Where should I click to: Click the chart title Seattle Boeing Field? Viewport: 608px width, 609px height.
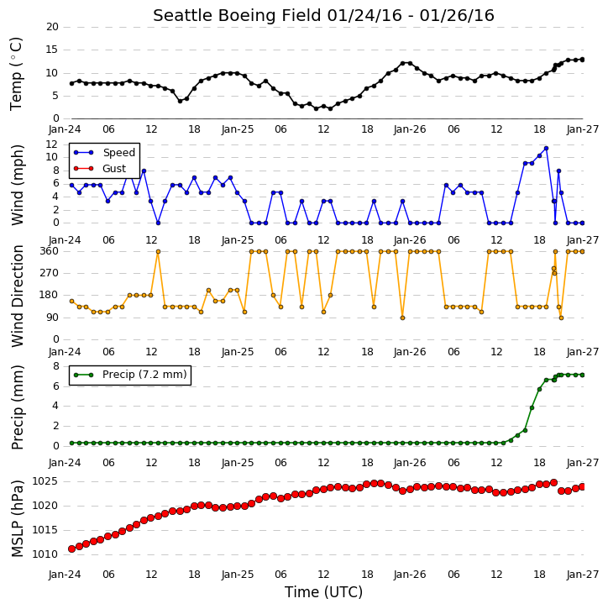[x=237, y=16]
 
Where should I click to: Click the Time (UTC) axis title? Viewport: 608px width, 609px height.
[x=323, y=592]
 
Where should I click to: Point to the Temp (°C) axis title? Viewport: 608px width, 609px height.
[x=16, y=74]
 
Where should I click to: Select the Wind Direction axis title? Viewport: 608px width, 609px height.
[x=17, y=297]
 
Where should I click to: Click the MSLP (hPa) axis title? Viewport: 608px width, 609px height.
[x=17, y=518]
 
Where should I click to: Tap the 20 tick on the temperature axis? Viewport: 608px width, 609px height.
[x=52, y=27]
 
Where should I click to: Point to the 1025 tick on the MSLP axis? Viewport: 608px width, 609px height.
[x=45, y=481]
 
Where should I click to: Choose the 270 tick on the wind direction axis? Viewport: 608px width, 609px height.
[x=50, y=273]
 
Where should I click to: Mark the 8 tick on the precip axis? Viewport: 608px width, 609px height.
[x=56, y=366]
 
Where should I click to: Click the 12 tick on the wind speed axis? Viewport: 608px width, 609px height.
[x=52, y=144]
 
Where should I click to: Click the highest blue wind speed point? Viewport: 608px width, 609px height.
[x=546, y=149]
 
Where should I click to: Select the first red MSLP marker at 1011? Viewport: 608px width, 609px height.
[x=72, y=549]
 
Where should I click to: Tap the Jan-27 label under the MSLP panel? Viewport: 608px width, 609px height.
[x=583, y=575]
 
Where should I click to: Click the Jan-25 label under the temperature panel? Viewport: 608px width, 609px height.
[x=238, y=129]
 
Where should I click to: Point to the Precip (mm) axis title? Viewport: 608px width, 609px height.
[x=17, y=407]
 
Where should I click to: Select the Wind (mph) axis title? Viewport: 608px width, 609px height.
[x=17, y=186]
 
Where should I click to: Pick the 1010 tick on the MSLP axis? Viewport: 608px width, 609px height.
[x=45, y=554]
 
